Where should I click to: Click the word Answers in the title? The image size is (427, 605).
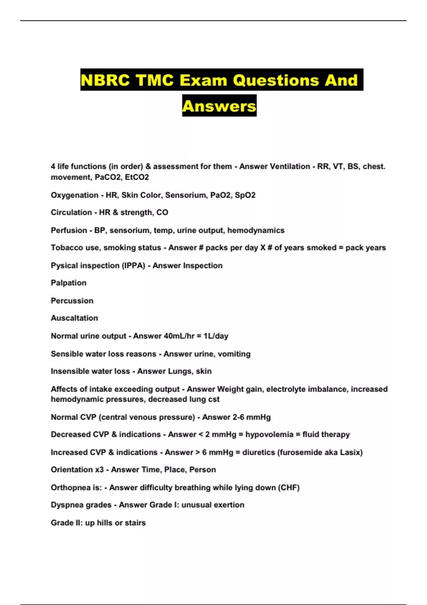coord(219,106)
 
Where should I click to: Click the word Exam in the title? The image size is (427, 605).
coord(204,80)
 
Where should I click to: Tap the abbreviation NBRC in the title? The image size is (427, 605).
coord(105,80)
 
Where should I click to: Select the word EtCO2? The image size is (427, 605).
coord(137,177)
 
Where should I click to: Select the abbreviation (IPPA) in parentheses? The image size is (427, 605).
coord(134,265)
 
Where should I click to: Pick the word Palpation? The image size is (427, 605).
coord(69,283)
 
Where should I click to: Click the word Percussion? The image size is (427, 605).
coord(72,301)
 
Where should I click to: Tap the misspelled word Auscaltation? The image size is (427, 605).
coord(74,318)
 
